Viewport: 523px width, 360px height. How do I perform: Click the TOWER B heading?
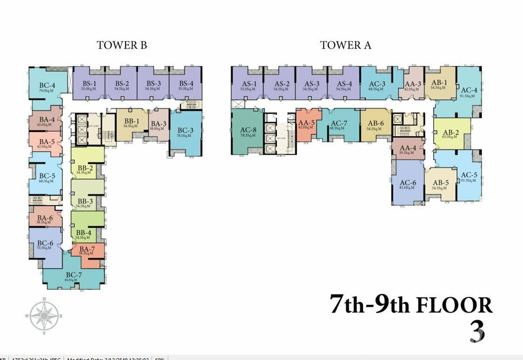(x=122, y=45)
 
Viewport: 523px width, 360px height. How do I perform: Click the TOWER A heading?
(x=346, y=45)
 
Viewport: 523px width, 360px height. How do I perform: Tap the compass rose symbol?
(x=44, y=316)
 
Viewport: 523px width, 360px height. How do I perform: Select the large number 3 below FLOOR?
(x=477, y=332)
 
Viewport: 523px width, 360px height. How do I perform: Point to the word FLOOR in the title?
(x=455, y=305)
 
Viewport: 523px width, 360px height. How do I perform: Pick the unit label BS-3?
(x=153, y=84)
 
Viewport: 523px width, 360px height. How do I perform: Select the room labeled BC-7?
(x=74, y=275)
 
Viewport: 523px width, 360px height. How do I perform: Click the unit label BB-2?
(x=85, y=168)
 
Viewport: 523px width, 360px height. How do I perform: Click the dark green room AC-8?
(x=248, y=131)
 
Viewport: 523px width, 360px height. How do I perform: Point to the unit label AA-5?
(x=306, y=123)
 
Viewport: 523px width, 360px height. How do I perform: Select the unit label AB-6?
(x=376, y=123)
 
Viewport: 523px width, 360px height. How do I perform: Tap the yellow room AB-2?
(x=452, y=133)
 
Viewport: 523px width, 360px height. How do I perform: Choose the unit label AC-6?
(x=408, y=183)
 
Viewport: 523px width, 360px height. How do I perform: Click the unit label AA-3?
(x=413, y=84)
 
